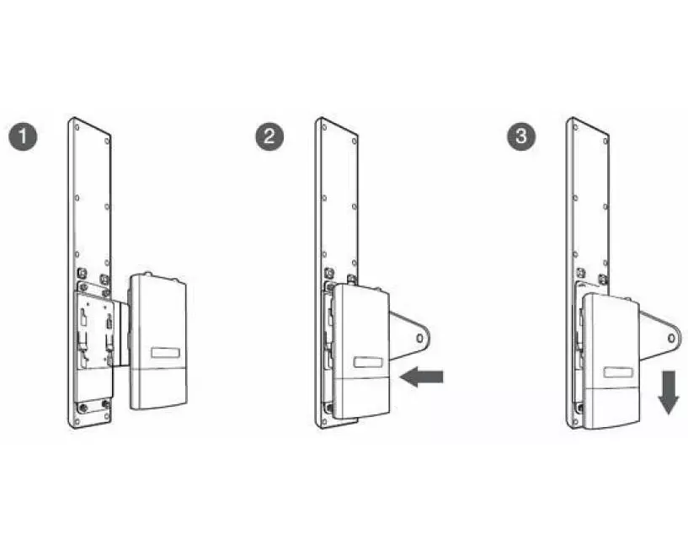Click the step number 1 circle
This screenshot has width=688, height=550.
click(x=23, y=136)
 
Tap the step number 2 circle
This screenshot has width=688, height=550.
click(x=269, y=136)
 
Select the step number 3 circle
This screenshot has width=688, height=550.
click(x=521, y=136)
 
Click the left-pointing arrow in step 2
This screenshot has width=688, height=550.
click(x=422, y=377)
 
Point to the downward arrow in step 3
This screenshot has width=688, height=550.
click(x=669, y=392)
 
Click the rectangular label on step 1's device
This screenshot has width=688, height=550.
click(x=165, y=354)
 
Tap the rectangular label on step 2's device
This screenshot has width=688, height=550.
click(x=368, y=362)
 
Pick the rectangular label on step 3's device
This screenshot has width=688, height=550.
click(x=618, y=372)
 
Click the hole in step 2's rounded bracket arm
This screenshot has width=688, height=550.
click(x=420, y=339)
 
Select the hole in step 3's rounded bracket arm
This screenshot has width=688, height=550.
click(x=671, y=339)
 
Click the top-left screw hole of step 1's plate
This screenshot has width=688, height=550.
click(x=77, y=128)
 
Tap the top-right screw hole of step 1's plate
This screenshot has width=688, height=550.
click(x=107, y=142)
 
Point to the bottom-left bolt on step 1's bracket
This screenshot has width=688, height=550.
click(x=83, y=408)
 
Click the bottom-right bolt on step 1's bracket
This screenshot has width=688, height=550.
click(x=105, y=403)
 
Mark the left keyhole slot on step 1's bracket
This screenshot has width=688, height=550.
click(x=83, y=318)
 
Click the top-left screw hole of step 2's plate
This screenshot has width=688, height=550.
click(x=324, y=128)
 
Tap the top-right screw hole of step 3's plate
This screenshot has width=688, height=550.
click(x=605, y=142)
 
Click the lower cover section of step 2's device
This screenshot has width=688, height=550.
click(x=361, y=398)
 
